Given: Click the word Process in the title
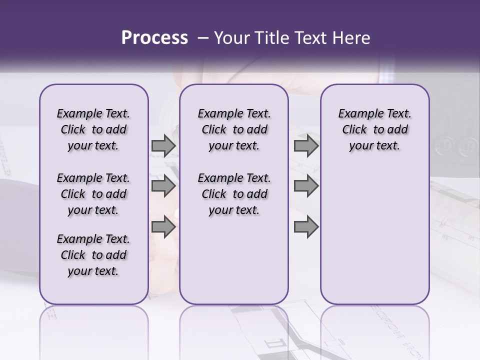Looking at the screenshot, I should click(x=154, y=38).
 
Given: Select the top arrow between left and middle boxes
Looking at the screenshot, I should click(x=163, y=146).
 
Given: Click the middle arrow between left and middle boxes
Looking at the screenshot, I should click(x=163, y=186).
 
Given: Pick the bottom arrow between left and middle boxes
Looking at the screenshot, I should click(x=163, y=227).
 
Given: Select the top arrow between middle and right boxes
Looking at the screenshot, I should click(x=306, y=146).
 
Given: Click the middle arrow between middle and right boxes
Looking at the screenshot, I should click(x=306, y=186).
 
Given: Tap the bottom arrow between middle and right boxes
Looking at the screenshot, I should click(x=306, y=227).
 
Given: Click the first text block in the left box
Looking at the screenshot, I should click(x=93, y=129).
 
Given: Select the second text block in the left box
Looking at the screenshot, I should click(x=93, y=194).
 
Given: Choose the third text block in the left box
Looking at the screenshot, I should click(x=93, y=255).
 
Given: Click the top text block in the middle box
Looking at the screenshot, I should click(x=234, y=129).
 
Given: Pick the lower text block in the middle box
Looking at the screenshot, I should click(x=234, y=194).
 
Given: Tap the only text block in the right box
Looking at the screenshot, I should click(x=374, y=129).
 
